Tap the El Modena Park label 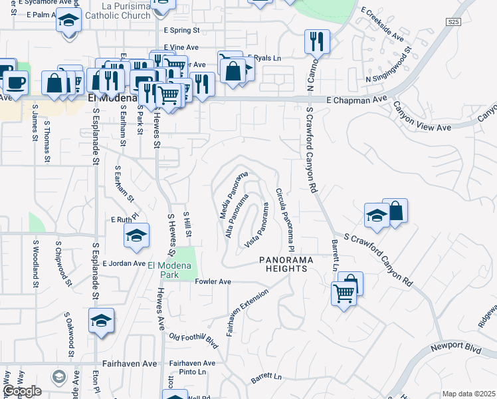pos(169,271)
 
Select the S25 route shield pos(453,22)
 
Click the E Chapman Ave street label pos(357,99)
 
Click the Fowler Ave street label pos(213,282)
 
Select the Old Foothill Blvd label pos(193,340)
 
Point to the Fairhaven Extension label pos(247,313)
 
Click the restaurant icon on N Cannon pos(314,41)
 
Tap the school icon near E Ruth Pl pos(136,237)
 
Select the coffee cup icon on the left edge pos(15,83)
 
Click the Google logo pos(21,391)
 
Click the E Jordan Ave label pos(124,263)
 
